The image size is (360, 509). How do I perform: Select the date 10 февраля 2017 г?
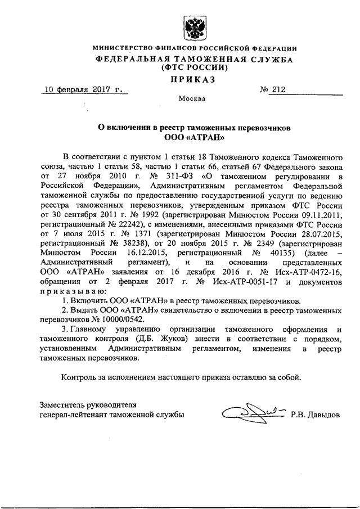click(x=83, y=89)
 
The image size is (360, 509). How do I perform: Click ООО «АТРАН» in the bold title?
click(x=195, y=137)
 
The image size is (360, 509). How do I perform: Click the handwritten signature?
click(x=252, y=415)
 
